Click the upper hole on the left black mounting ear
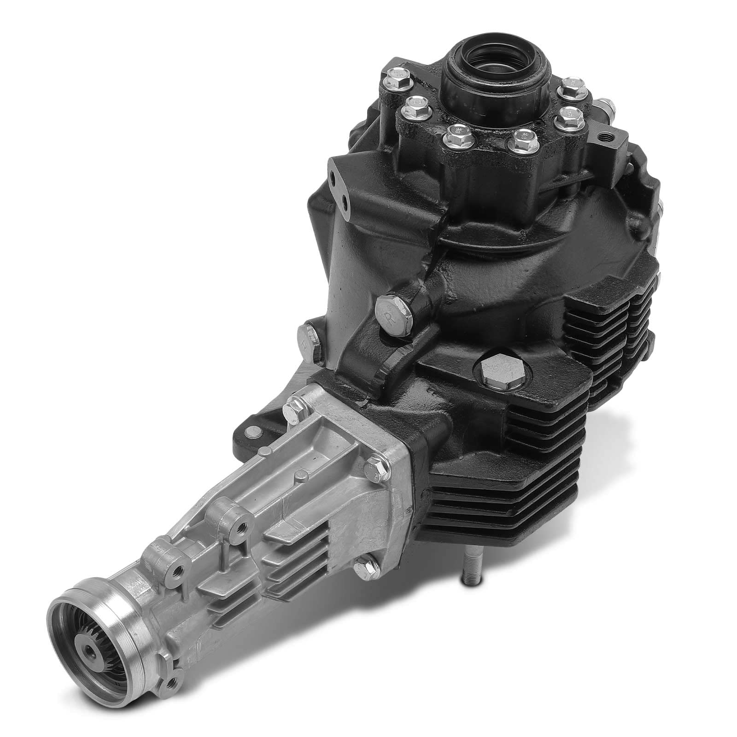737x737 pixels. [332, 177]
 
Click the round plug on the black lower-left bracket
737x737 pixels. [252, 431]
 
